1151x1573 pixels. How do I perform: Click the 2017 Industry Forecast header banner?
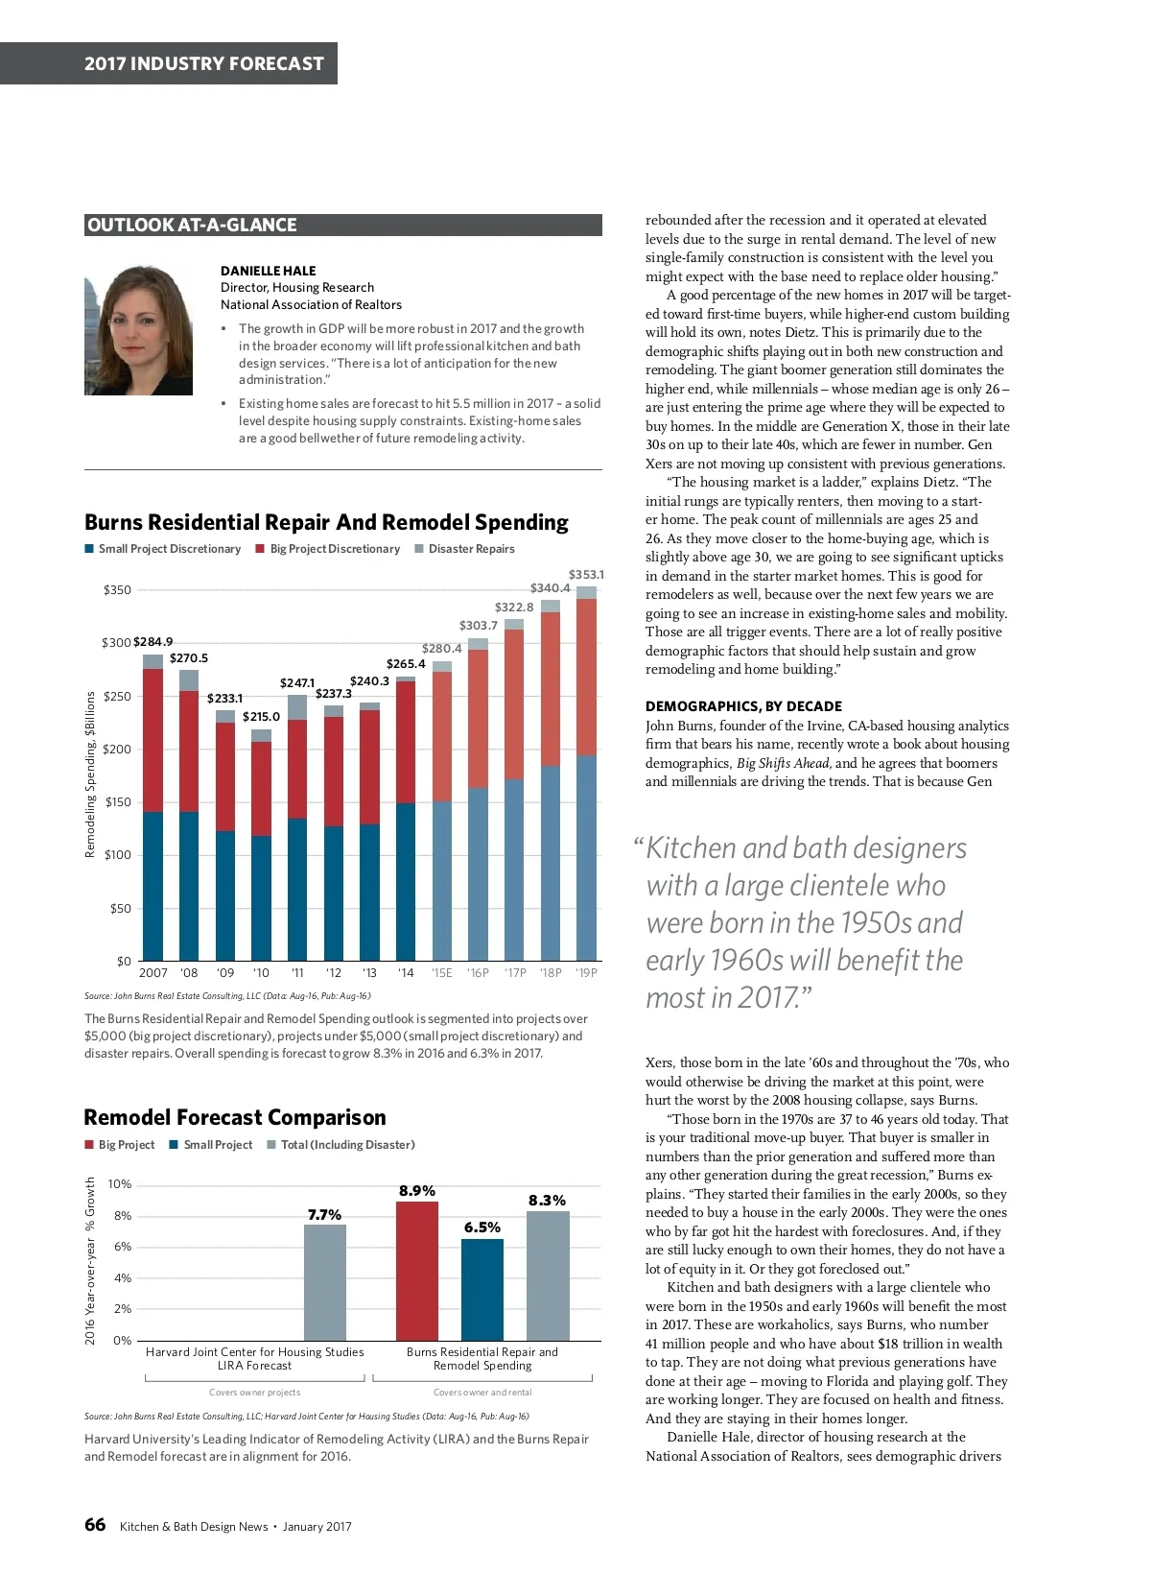point(203,63)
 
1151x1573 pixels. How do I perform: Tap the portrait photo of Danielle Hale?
point(138,330)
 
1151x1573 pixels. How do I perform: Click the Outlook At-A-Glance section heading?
point(192,226)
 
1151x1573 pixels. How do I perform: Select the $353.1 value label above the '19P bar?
point(586,575)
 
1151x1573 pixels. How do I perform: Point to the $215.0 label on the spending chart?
point(261,717)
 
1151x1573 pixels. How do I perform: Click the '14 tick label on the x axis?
point(406,973)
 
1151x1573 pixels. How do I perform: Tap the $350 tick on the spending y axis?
point(117,590)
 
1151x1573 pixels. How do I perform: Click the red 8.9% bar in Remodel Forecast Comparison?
point(417,1271)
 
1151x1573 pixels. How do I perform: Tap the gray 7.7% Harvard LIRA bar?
point(324,1282)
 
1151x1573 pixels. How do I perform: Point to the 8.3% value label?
point(547,1201)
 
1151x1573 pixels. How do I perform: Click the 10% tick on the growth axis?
point(120,1184)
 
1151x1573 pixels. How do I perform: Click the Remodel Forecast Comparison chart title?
point(235,1117)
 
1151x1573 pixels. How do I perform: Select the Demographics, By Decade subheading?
point(743,706)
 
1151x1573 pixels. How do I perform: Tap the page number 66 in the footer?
point(95,1525)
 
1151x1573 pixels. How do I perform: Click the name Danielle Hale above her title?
point(268,271)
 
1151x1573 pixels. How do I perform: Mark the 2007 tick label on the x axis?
point(153,973)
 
